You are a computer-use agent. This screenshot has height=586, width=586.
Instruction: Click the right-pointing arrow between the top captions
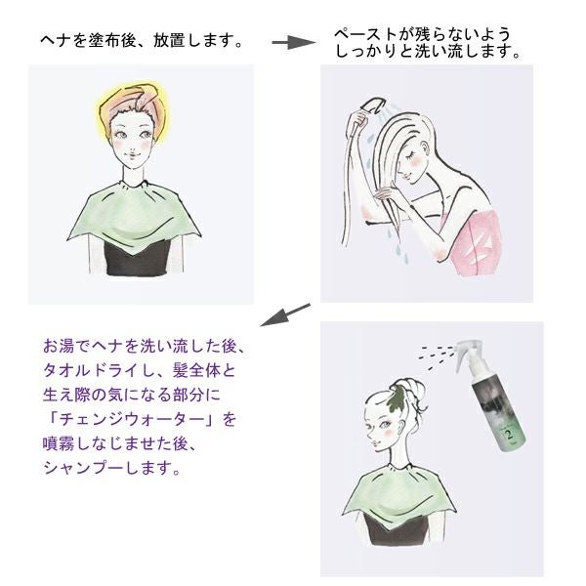click(x=294, y=42)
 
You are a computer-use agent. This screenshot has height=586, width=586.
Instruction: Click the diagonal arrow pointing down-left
click(x=285, y=315)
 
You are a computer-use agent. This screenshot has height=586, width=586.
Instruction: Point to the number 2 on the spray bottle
click(x=509, y=434)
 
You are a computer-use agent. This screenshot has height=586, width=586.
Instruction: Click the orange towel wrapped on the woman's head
click(x=134, y=102)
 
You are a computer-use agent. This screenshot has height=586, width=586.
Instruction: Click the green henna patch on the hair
click(x=396, y=398)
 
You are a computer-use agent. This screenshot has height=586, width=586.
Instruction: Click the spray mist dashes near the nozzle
click(x=436, y=354)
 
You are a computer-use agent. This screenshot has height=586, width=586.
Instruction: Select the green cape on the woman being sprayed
click(x=398, y=494)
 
